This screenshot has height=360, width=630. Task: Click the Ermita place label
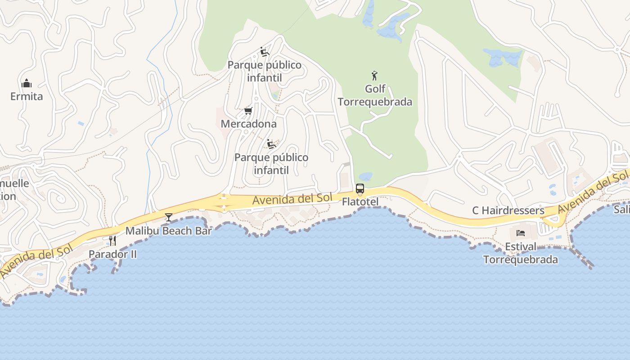tap(27, 96)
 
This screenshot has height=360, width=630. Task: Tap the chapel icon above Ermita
tap(27, 84)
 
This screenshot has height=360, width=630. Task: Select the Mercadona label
tap(248, 123)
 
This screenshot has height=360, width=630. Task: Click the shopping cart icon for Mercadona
tap(248, 111)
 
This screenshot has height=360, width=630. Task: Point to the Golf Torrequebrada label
tap(375, 95)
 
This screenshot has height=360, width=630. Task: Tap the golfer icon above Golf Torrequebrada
tap(374, 76)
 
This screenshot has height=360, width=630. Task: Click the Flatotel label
tap(360, 202)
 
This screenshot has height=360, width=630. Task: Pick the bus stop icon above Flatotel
tap(360, 189)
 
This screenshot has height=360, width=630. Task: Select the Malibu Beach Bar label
tap(168, 231)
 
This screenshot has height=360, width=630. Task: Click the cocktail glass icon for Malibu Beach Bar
tap(169, 218)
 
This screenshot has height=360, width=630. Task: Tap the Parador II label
tap(112, 254)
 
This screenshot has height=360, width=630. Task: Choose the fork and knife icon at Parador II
tap(112, 241)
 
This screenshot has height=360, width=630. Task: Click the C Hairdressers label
tap(508, 210)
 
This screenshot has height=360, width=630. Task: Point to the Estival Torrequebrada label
tap(521, 253)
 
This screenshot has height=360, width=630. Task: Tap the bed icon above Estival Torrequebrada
tap(521, 233)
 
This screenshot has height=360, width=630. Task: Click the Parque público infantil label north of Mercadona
tap(265, 71)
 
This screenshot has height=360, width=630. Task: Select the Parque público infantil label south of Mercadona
tap(271, 164)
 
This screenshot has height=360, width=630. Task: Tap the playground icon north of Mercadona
tap(265, 52)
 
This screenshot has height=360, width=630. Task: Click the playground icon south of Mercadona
tap(271, 144)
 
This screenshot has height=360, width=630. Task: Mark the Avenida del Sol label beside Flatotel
tap(292, 199)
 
